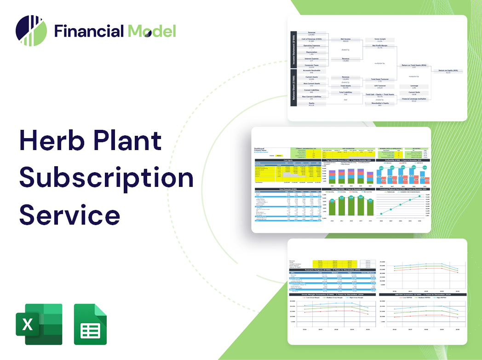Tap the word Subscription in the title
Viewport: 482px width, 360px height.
coord(106,178)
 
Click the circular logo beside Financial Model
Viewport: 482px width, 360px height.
coord(31,31)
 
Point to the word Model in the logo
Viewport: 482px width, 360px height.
coord(152,31)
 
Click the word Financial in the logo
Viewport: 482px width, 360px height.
coord(89,31)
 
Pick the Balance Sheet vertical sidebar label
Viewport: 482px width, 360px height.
coord(293,88)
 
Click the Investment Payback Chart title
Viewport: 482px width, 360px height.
coord(402,189)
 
